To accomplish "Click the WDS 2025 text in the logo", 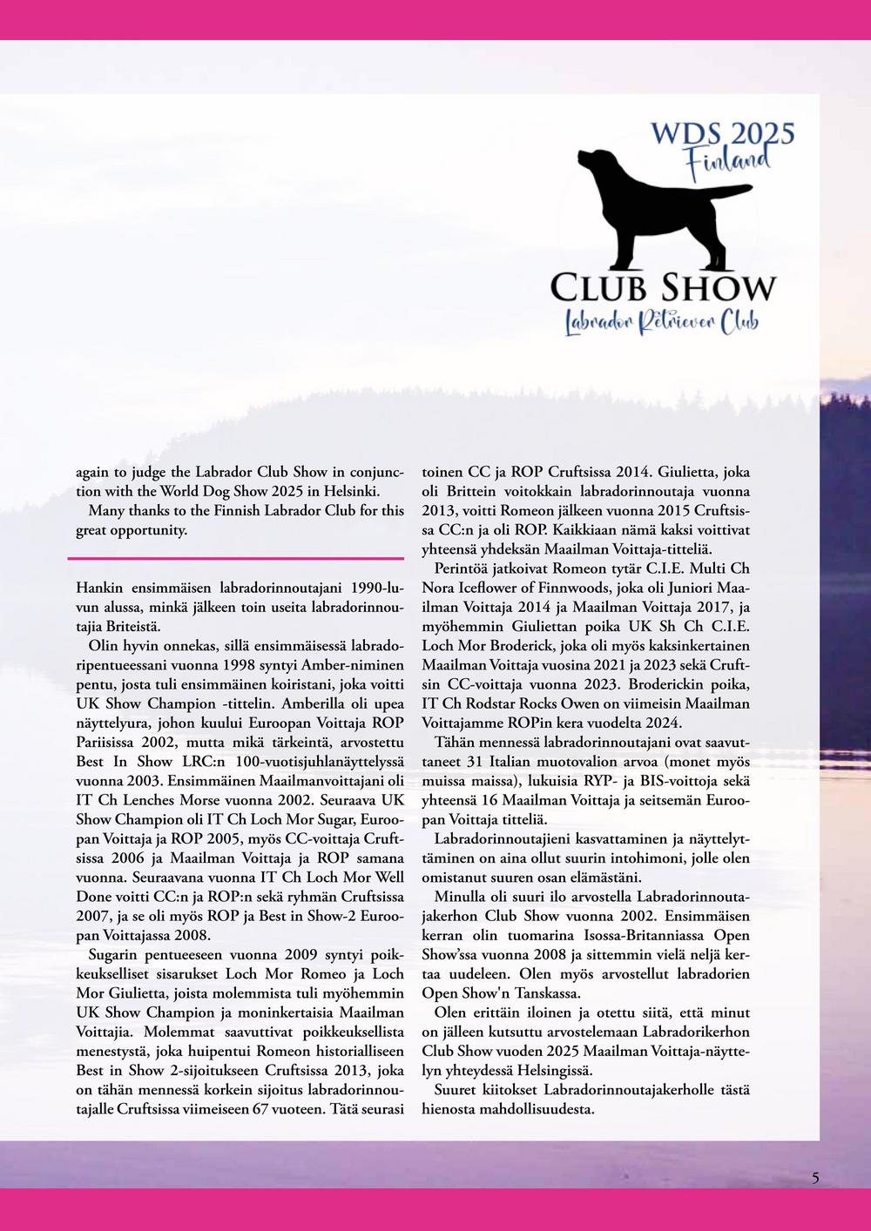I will pos(723,133).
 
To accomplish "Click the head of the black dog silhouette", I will pos(596,161).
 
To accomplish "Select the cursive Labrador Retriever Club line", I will pos(662,322).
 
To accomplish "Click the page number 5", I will pos(815,1179).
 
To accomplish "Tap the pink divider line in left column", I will pos(235,558).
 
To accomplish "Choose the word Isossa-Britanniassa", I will pos(612,935).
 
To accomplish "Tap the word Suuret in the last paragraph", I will pos(454,1090).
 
